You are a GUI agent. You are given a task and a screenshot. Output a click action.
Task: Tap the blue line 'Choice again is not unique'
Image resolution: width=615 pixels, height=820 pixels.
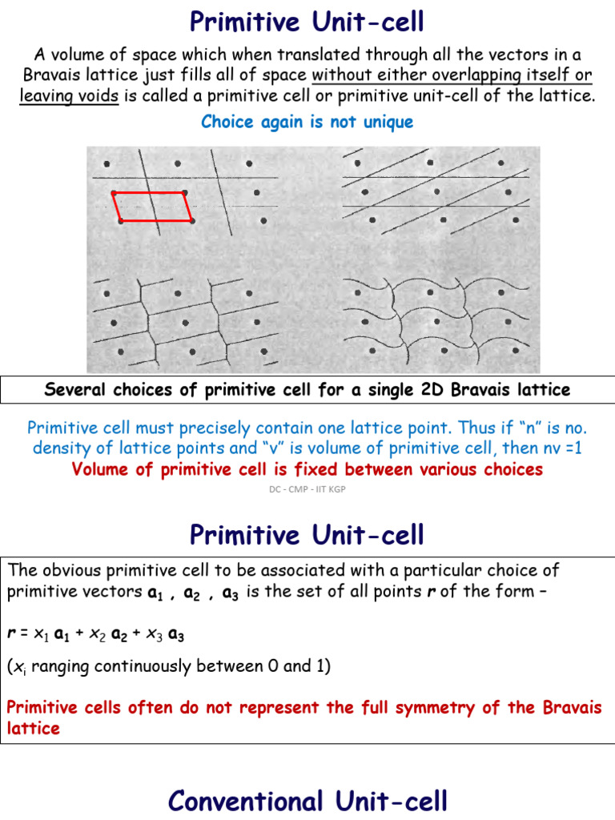click(x=307, y=122)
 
